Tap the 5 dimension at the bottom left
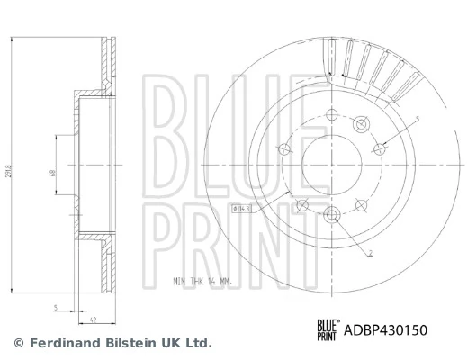point(56,308)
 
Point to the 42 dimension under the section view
point(93,317)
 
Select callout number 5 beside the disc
point(417,119)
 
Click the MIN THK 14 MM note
point(203,281)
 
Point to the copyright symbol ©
point(18,343)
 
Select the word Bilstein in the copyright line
point(119,343)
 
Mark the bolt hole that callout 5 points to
point(381,147)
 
